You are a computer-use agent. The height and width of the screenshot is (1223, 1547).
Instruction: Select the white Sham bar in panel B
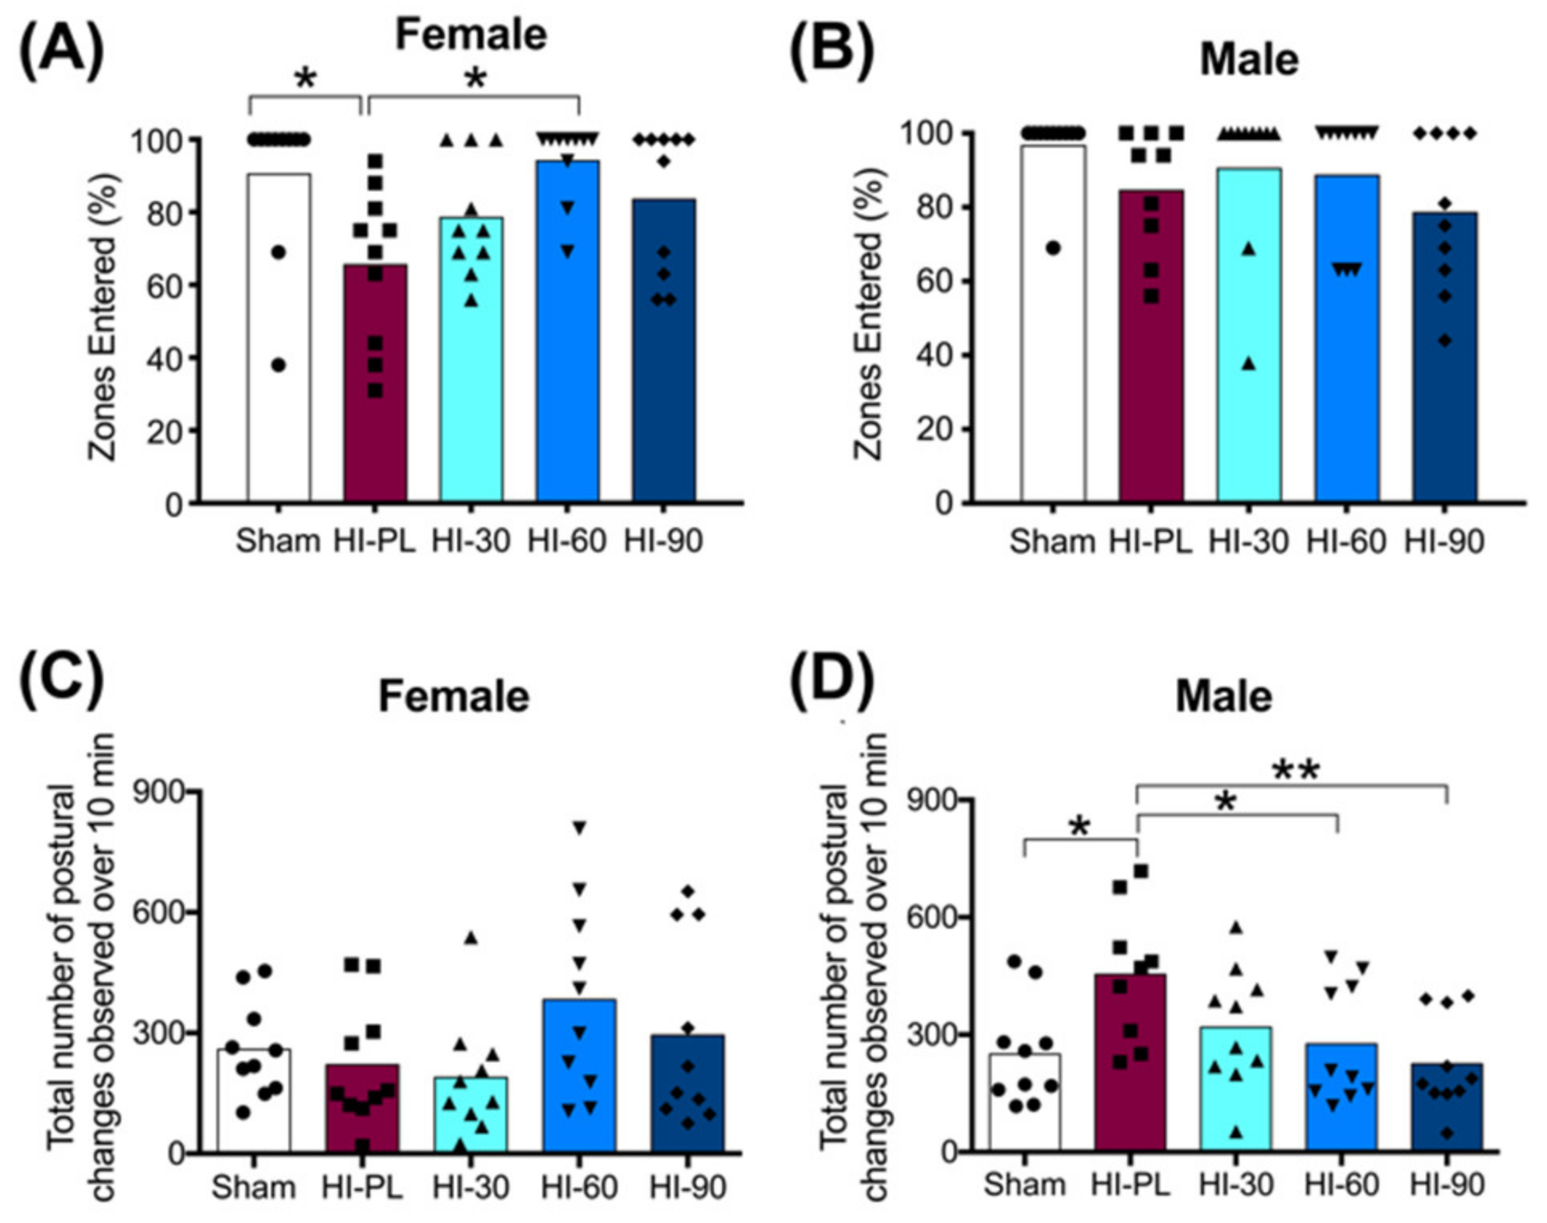(x=1053, y=337)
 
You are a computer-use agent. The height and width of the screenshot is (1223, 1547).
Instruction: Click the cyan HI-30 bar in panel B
(x=1248, y=362)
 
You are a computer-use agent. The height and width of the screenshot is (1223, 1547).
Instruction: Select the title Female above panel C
(x=454, y=696)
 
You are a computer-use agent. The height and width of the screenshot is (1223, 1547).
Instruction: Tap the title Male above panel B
(x=1249, y=59)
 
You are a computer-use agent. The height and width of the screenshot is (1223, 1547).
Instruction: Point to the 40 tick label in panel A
(x=164, y=358)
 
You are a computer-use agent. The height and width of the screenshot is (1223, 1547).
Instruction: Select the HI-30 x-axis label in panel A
(x=471, y=541)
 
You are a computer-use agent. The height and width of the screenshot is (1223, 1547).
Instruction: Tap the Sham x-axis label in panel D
(x=1024, y=1184)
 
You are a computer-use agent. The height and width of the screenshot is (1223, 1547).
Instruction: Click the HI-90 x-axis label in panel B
(x=1443, y=542)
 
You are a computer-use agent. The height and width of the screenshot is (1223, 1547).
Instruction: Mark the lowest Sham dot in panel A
(x=279, y=366)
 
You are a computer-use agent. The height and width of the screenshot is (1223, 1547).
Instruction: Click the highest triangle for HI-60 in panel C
(x=579, y=828)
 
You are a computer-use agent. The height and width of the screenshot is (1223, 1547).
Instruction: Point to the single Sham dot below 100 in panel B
(x=1053, y=248)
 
